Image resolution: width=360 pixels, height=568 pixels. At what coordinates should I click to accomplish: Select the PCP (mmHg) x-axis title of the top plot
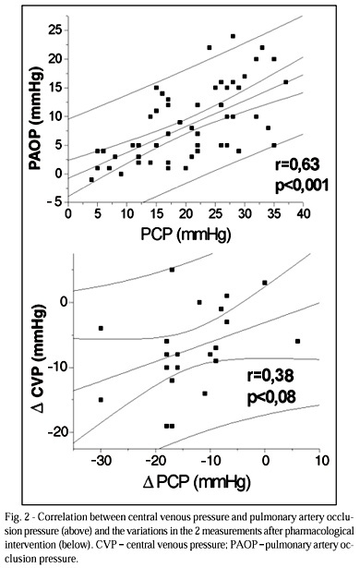pos(186,235)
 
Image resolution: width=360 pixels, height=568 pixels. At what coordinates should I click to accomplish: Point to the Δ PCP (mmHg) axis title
pos(197,482)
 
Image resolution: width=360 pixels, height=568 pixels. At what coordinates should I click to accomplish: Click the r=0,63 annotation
pos(297,164)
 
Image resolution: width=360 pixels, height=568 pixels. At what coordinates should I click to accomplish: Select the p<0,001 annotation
pos(302,186)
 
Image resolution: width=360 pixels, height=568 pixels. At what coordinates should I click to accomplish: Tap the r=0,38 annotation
pos(270,376)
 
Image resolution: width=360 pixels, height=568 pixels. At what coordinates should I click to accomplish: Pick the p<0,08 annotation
pos(271,396)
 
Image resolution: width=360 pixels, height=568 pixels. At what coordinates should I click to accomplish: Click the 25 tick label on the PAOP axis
pos(55,30)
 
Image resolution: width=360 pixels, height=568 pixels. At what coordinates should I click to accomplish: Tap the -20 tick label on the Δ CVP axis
pos(57,432)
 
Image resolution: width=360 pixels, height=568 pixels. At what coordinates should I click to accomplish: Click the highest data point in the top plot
pos(233,36)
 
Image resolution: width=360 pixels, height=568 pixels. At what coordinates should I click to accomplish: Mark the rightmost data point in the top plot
pos(286,82)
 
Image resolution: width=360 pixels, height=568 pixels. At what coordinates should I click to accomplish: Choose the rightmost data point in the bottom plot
pos(297,341)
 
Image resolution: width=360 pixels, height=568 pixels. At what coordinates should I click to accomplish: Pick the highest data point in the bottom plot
pos(172,270)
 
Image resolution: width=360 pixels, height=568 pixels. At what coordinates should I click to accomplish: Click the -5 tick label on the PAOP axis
pos(56,202)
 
